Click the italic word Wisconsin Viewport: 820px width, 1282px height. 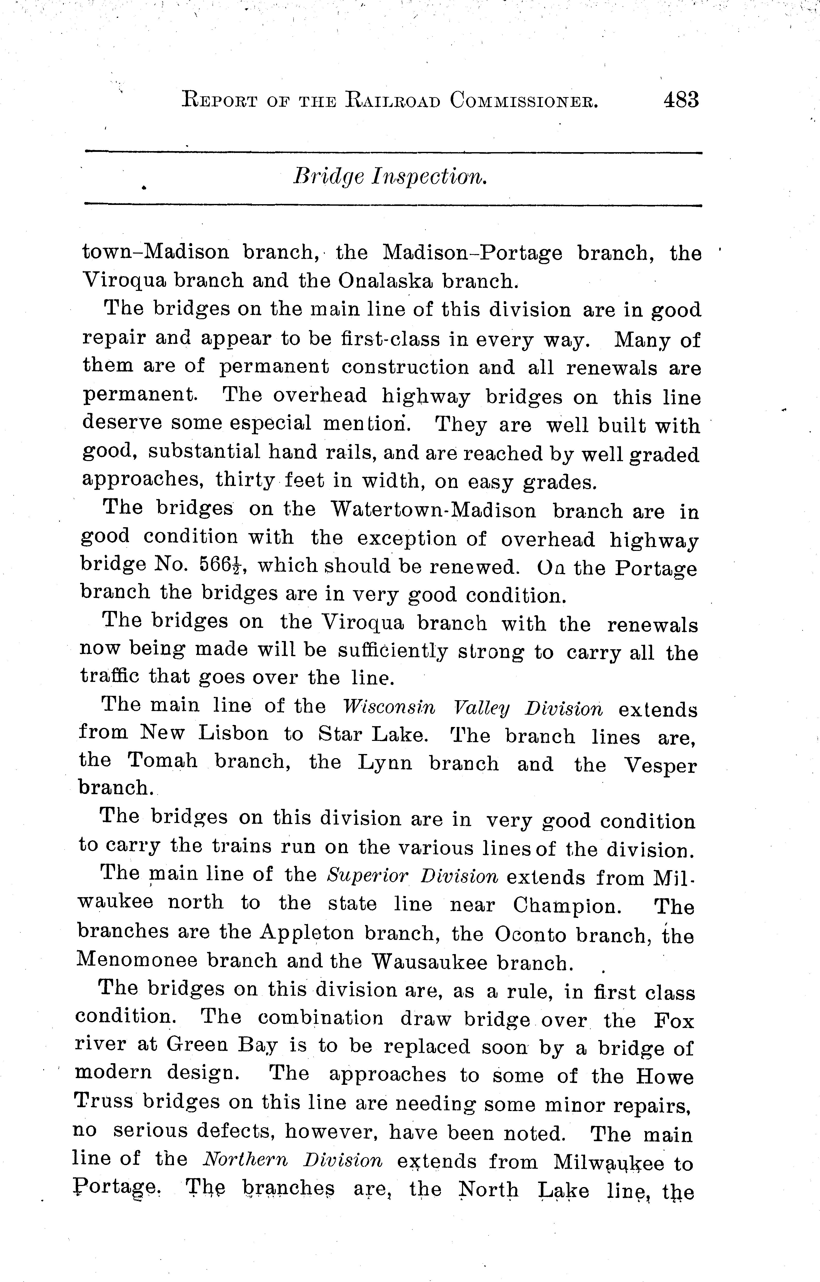pyautogui.click(x=389, y=708)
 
